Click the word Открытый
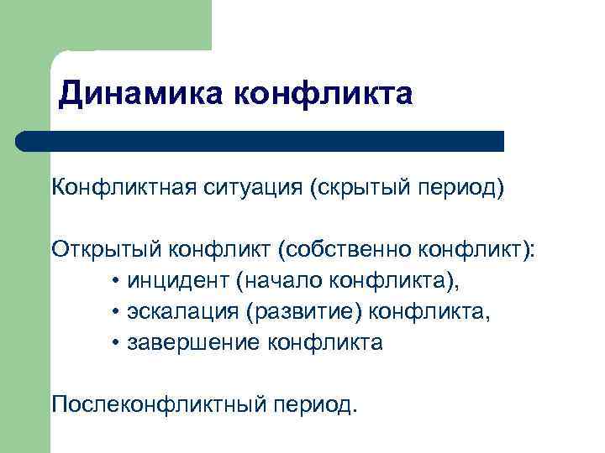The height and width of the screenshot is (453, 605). point(108,250)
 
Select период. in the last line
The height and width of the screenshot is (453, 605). point(313,405)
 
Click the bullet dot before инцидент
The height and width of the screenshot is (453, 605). point(114,282)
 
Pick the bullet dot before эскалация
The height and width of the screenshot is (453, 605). point(114,313)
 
